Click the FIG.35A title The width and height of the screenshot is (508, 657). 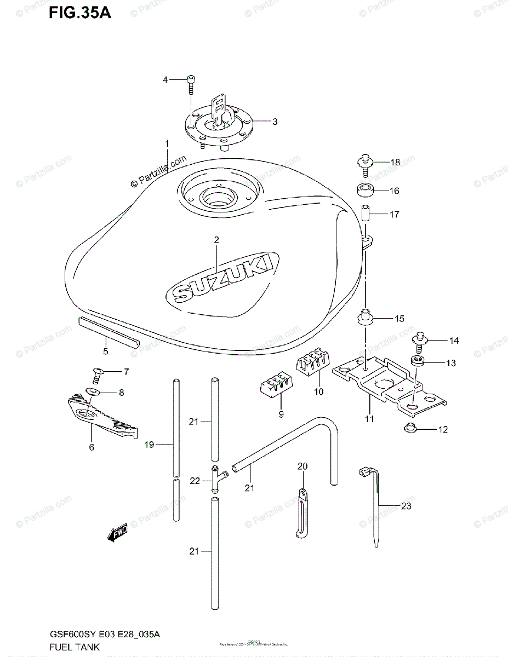pos(79,12)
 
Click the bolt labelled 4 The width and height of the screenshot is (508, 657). pos(191,83)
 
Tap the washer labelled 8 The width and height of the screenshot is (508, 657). pos(93,392)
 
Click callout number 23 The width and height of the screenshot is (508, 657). pos(406,506)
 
